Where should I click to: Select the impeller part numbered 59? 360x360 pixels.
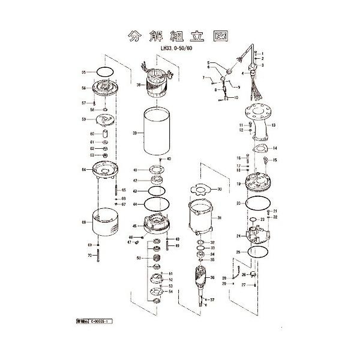pyautogui.click(x=106, y=120)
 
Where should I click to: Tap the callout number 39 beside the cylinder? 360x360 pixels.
pyautogui.click(x=135, y=133)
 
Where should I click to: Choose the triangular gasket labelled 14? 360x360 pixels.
pyautogui.click(x=260, y=149)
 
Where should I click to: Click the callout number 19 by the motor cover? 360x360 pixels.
pyautogui.click(x=238, y=184)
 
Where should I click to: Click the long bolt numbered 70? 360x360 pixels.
pyautogui.click(x=98, y=256)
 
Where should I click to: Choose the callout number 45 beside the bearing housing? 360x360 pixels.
pyautogui.click(x=135, y=226)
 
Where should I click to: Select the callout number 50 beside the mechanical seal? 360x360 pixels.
pyautogui.click(x=139, y=258)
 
